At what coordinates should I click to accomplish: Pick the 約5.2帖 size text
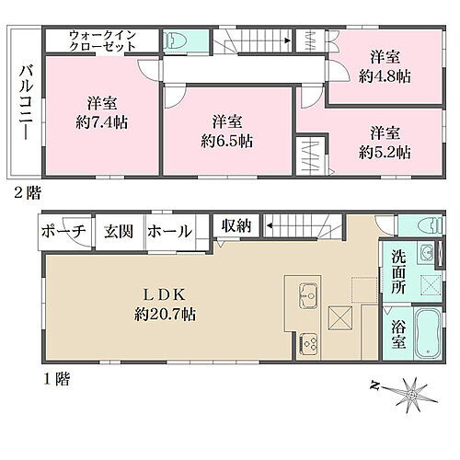(385, 151)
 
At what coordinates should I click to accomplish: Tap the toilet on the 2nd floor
(176, 40)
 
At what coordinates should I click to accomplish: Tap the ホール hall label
(169, 231)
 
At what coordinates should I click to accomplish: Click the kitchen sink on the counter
(307, 294)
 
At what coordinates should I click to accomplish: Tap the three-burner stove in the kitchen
(308, 345)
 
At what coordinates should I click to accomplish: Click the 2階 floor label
(25, 192)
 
